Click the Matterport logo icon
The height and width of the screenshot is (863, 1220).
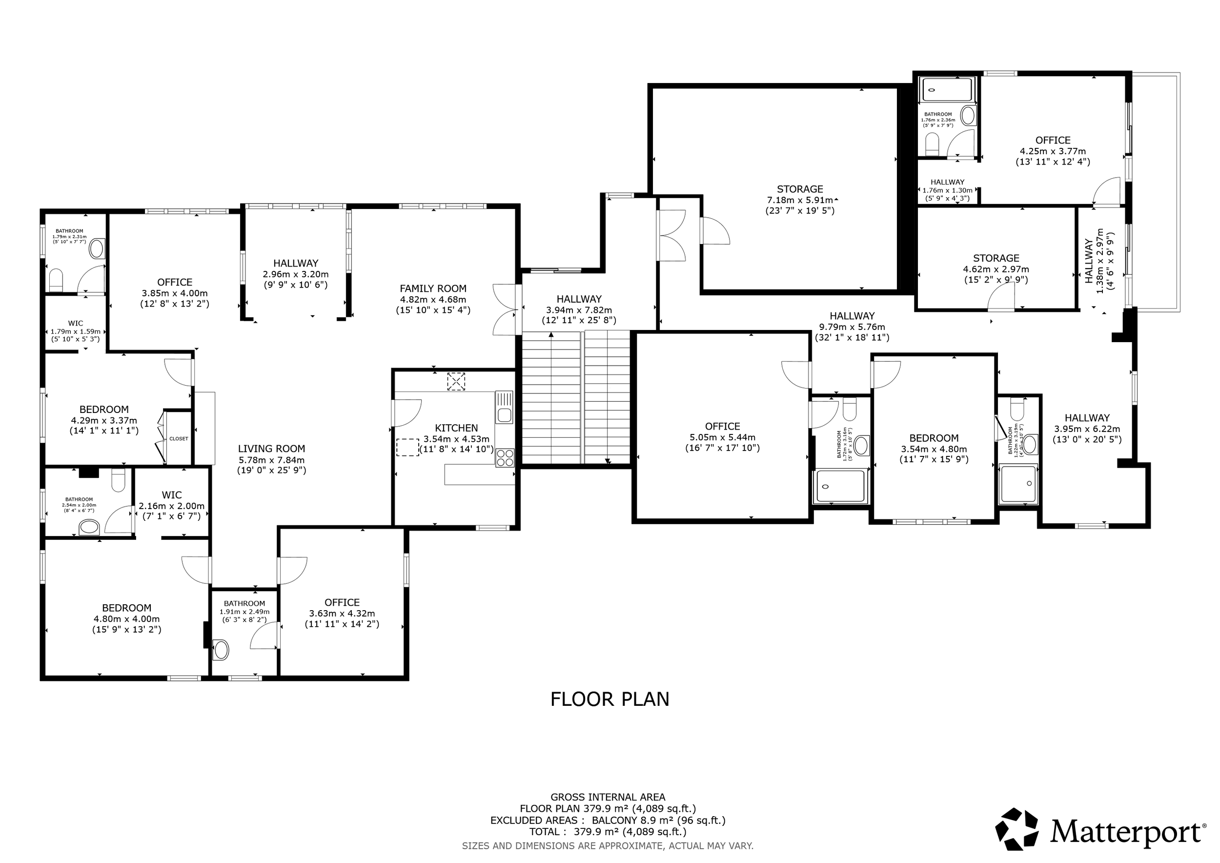(x=1017, y=829)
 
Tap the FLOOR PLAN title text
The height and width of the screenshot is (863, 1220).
(x=610, y=699)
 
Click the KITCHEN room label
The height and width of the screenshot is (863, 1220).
(x=456, y=428)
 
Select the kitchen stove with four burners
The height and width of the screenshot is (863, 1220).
(x=505, y=457)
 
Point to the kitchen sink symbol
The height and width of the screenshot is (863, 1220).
(x=504, y=407)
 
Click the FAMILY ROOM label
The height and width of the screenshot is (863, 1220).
(x=432, y=288)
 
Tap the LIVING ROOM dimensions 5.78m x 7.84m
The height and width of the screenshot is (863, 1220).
(x=271, y=460)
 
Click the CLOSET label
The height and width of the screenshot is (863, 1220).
(x=179, y=439)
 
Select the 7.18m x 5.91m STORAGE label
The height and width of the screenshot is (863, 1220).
(x=800, y=200)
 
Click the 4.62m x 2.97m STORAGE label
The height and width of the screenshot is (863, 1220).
(x=996, y=269)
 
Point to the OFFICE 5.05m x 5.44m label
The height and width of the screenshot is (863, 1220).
(x=722, y=437)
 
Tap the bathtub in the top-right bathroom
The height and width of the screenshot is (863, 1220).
(x=947, y=90)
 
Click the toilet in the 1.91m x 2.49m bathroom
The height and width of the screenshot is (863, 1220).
(x=221, y=649)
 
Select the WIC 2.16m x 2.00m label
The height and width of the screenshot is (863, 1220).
(x=172, y=505)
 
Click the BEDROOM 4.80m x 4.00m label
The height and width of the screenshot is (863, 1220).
(x=126, y=618)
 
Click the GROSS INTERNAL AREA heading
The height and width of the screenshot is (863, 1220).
(x=608, y=797)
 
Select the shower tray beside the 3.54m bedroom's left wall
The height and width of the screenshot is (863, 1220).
(x=841, y=486)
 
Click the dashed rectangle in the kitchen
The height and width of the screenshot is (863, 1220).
(x=407, y=447)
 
